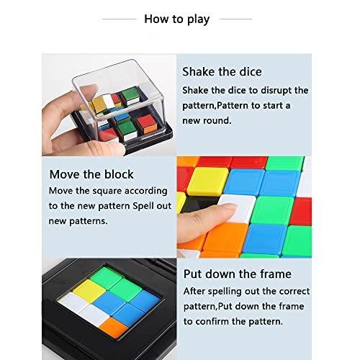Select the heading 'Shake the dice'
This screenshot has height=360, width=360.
[x=222, y=72]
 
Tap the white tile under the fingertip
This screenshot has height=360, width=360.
[x=235, y=213]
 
